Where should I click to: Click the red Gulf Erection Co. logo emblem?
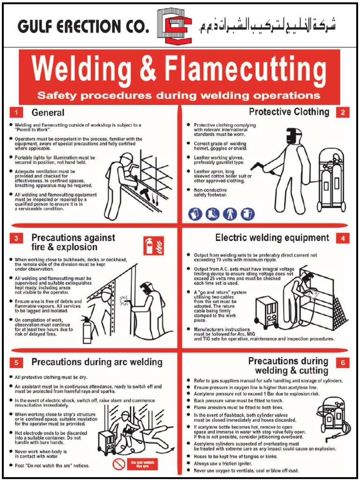[x=174, y=26]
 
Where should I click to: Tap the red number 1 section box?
[x=16, y=112]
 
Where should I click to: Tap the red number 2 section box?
[x=343, y=112]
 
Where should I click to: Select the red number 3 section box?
[x=16, y=239]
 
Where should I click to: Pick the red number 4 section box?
[x=343, y=238]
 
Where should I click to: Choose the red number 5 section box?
[x=16, y=362]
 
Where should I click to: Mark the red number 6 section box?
[x=343, y=362]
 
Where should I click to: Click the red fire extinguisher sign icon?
[x=153, y=245]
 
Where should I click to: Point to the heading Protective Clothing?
[x=289, y=112]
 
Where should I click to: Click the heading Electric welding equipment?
[x=272, y=238]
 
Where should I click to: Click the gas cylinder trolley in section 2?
[x=331, y=180]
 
